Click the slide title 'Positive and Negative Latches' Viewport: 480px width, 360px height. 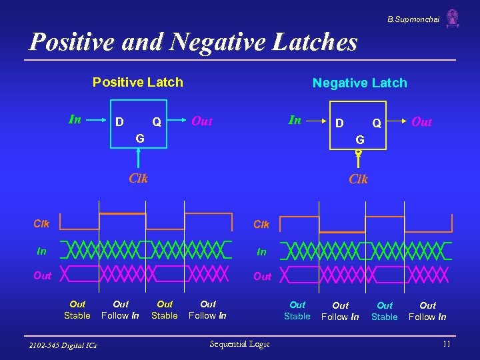[x=193, y=42]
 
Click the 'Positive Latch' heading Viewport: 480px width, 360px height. [x=137, y=82]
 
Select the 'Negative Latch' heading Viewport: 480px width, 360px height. [x=359, y=83]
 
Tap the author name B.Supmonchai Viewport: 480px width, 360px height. [x=413, y=19]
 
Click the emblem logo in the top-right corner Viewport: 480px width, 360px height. [x=453, y=18]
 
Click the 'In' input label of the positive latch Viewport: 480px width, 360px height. [x=75, y=120]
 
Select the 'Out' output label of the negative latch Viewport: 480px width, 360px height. [x=421, y=122]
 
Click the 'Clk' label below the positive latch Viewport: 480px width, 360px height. [x=138, y=178]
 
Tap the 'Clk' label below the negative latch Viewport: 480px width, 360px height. [x=358, y=179]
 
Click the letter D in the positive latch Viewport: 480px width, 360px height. [x=119, y=122]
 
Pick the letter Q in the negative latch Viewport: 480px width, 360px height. [x=377, y=123]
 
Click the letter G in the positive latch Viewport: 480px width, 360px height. [x=139, y=139]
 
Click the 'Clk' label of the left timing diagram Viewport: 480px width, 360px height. [x=41, y=224]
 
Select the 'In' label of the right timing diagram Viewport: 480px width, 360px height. [x=261, y=251]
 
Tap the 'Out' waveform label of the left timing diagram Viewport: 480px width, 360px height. [x=42, y=275]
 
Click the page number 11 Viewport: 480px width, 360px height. [x=446, y=343]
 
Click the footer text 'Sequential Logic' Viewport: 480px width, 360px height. [x=239, y=343]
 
